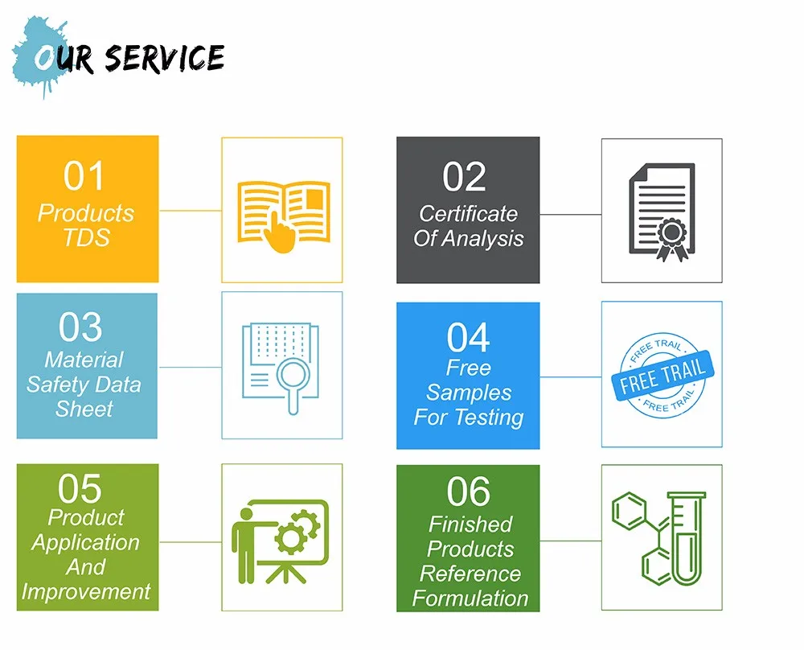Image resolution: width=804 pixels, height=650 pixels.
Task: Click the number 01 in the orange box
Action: coord(84,176)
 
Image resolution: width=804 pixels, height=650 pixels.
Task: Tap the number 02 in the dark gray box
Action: coord(465,177)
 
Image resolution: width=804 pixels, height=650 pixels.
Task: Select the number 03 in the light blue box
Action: coord(80,327)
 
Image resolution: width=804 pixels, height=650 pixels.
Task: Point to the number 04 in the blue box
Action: coord(469,338)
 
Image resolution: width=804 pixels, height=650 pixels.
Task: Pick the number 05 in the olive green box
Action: coord(80,488)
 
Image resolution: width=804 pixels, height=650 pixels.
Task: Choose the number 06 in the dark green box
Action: coord(469,492)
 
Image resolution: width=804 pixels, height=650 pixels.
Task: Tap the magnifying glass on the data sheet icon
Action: coord(293,378)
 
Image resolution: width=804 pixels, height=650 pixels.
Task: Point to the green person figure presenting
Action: coord(247,541)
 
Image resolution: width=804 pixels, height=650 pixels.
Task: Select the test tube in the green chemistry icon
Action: coord(687,539)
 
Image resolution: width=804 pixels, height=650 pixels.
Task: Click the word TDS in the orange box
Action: coord(87,237)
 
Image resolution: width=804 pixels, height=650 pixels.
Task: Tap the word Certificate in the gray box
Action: coord(468,213)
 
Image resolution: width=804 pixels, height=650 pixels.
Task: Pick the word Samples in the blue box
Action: coord(469,393)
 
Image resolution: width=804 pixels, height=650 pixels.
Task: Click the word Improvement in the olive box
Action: coord(86,591)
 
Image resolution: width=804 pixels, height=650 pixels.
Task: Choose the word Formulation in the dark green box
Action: coord(470,599)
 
